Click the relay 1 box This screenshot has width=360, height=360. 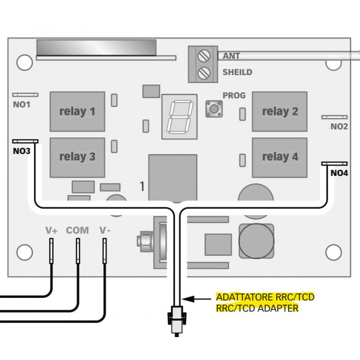pyautogui.click(x=77, y=112)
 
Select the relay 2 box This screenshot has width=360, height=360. pyautogui.click(x=279, y=112)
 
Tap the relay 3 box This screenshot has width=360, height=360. pyautogui.click(x=77, y=157)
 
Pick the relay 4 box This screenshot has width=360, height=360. pyautogui.click(x=279, y=157)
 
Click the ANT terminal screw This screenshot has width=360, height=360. pyautogui.click(x=205, y=56)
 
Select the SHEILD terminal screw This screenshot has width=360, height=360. pyautogui.click(x=205, y=72)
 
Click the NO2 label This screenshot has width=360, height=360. pyautogui.click(x=339, y=126)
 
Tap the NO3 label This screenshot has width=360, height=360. pyautogui.click(x=22, y=151)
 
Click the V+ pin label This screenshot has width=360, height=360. pyautogui.click(x=51, y=230)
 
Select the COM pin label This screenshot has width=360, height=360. pyautogui.click(x=77, y=230)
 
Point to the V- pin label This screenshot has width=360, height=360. pyautogui.click(x=105, y=230)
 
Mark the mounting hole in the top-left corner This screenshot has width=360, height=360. pyautogui.click(x=25, y=62)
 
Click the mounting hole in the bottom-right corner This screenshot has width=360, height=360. pyautogui.click(x=333, y=252)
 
